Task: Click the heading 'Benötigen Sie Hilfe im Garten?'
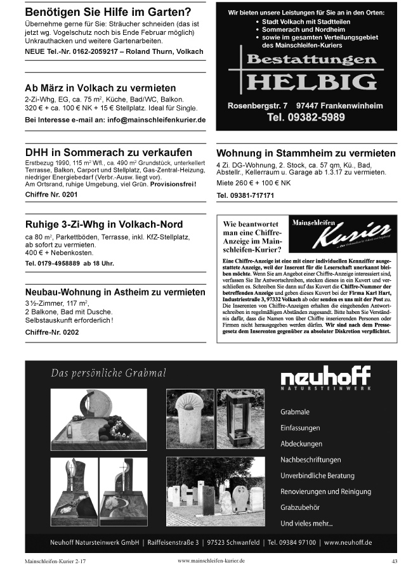pos(107,12)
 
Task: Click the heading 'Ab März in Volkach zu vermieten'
pos(100,88)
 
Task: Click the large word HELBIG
pos(311,82)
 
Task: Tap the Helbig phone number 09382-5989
pos(306,117)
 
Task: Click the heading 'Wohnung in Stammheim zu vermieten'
pos(306,154)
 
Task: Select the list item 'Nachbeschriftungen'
pos(310,460)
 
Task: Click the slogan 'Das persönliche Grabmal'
pos(109,372)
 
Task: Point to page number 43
pos(394,561)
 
